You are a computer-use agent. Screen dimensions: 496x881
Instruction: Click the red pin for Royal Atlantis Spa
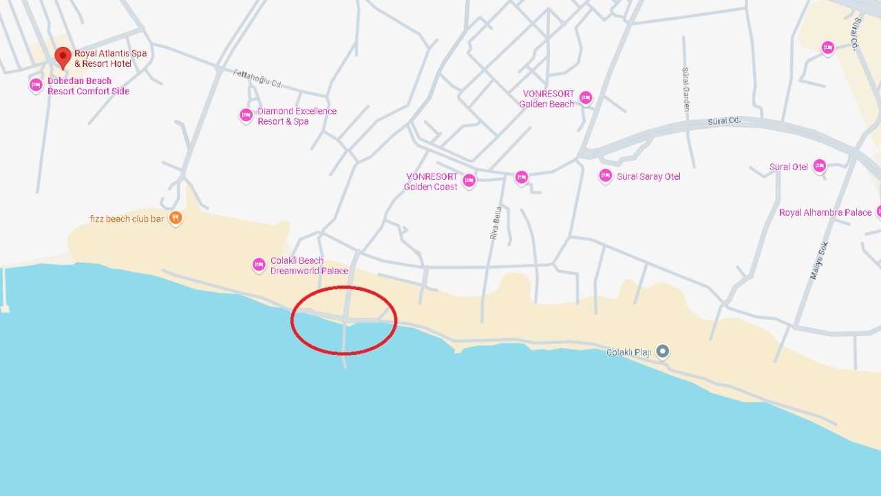63,57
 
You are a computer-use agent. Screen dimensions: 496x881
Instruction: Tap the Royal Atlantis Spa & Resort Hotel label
110,59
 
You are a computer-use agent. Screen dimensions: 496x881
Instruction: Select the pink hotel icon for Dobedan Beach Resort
36,85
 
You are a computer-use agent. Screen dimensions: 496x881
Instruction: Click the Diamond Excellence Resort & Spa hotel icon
246,115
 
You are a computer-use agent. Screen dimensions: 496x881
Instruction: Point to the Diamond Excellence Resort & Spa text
297,116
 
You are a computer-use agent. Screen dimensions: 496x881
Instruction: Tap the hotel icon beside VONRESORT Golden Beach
586,98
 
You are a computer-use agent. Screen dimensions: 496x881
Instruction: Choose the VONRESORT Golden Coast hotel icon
469,180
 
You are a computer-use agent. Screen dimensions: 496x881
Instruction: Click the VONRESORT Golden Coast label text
432,182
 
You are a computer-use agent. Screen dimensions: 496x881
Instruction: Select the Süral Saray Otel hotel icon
605,176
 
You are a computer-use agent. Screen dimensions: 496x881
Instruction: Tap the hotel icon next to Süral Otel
819,166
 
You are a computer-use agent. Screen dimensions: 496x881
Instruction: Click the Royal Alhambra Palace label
825,213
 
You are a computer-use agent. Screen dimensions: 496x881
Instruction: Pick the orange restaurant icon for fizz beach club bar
176,218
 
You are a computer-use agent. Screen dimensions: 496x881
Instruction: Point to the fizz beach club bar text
127,219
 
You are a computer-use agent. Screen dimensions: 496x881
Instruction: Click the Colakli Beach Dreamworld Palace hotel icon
259,265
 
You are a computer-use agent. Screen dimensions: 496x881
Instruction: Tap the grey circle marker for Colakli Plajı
662,351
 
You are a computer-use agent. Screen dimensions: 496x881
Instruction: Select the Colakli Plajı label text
628,353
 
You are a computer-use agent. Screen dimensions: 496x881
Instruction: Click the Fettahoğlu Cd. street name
258,79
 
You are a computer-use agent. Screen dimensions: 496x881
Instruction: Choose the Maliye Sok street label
819,260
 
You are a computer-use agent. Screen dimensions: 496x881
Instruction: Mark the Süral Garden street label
686,90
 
